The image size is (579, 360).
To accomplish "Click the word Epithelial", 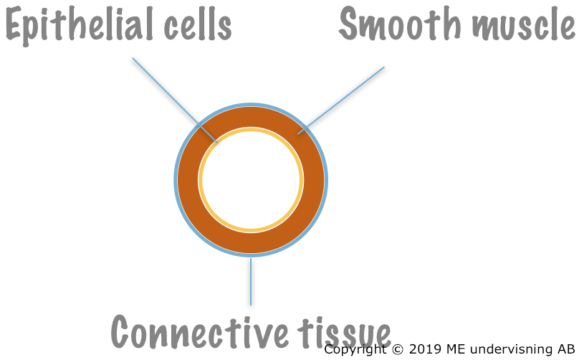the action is [x=79, y=26].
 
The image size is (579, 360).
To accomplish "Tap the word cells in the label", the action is [x=198, y=24].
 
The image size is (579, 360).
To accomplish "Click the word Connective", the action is [x=199, y=331].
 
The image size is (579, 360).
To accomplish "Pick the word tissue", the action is [x=344, y=332].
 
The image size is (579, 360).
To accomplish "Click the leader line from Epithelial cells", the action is [x=175, y=100].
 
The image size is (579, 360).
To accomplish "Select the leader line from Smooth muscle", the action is [x=341, y=100].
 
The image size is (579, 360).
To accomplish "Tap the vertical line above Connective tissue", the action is [x=251, y=282].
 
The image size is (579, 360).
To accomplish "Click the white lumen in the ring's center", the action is [x=251, y=180].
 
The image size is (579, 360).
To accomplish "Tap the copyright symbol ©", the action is [x=397, y=349].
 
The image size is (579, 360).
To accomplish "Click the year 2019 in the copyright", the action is [x=425, y=349].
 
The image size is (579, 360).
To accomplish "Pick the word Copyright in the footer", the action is [x=355, y=350].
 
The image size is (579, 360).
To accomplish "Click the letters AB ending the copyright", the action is [x=566, y=349].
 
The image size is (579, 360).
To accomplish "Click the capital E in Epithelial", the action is [x=14, y=23].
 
